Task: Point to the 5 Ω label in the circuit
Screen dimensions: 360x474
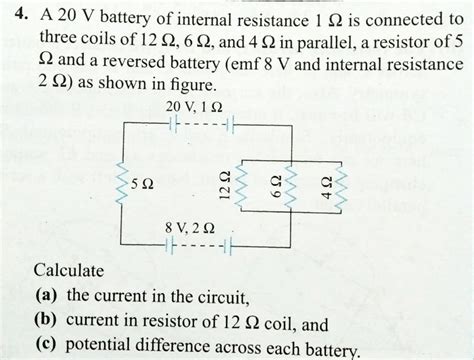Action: (x=148, y=186)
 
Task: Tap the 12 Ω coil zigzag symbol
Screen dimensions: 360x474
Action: (x=244, y=184)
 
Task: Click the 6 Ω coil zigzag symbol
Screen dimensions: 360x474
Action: (x=297, y=184)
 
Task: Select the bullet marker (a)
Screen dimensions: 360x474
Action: (x=44, y=297)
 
